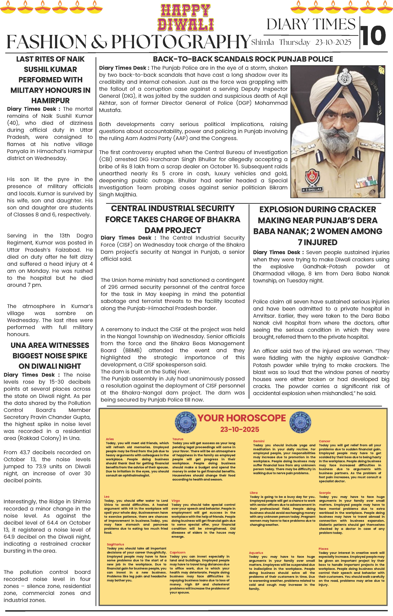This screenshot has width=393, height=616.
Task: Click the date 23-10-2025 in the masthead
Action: [333, 42]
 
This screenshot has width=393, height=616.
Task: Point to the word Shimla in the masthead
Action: [262, 42]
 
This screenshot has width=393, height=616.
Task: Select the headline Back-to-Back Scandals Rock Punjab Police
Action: [243, 59]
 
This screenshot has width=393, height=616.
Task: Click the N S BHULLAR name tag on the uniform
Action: [312, 190]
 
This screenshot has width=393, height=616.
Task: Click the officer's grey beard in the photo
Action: [338, 138]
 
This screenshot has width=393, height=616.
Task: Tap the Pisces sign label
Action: [323, 549]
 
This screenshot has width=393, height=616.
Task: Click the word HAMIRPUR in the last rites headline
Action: [50, 101]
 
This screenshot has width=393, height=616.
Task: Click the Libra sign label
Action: [254, 493]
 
